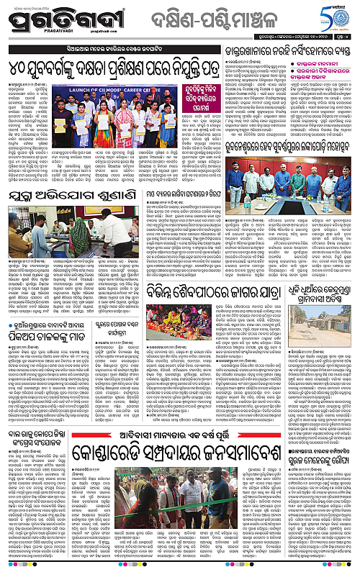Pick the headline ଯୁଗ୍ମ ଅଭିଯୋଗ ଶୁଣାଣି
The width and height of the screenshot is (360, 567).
tap(67, 213)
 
